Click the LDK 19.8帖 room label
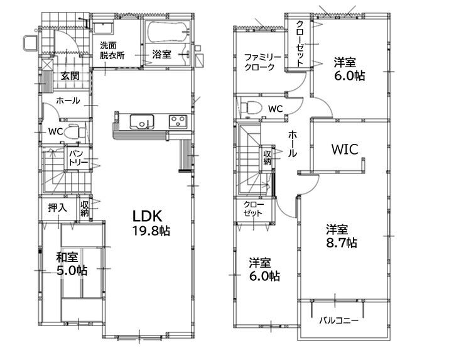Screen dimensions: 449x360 pos(151,223)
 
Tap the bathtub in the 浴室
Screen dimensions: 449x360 pos(167,31)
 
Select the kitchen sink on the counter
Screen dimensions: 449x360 pos(142,122)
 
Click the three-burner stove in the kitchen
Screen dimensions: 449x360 pos(178,121)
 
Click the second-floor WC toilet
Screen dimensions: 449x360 pos(251,108)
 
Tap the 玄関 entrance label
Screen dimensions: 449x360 pos(70,76)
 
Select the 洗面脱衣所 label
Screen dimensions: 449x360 pos(112,50)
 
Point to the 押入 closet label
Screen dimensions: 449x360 pos(58,207)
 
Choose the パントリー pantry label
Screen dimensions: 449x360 pos(78,158)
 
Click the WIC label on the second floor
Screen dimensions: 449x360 pos(345,149)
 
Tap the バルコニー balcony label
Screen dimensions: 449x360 pos(338,320)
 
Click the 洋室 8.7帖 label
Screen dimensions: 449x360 pos(342,236)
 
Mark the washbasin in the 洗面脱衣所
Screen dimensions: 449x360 pos(104,28)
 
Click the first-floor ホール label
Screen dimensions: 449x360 pos(68,101)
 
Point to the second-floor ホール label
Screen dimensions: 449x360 pos(292,144)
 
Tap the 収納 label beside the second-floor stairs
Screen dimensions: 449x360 pos(267,158)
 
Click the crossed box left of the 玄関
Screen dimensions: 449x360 pos(47,64)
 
